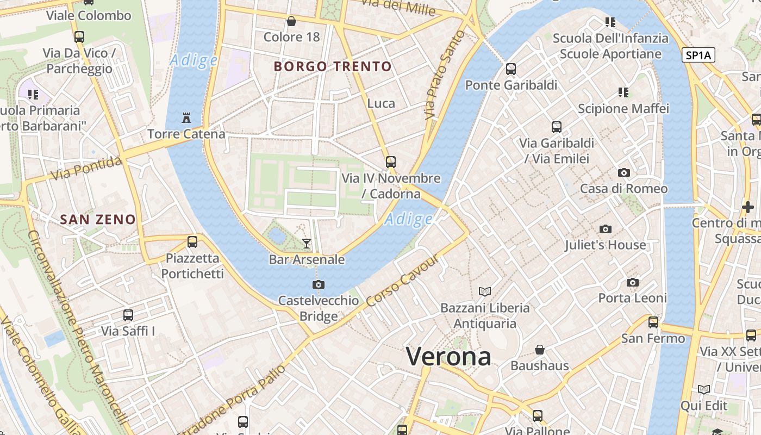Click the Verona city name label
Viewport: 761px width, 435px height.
pyautogui.click(x=448, y=357)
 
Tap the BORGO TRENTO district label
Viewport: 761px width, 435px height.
pyautogui.click(x=333, y=67)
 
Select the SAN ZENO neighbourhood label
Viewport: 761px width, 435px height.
pyautogui.click(x=98, y=220)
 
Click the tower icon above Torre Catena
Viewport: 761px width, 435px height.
pyautogui.click(x=186, y=117)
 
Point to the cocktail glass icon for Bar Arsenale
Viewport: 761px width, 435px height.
pyautogui.click(x=307, y=243)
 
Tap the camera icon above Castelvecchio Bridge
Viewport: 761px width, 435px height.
pyautogui.click(x=319, y=284)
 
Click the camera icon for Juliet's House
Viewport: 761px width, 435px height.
pyautogui.click(x=605, y=229)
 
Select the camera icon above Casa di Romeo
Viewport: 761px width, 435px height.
pyautogui.click(x=623, y=173)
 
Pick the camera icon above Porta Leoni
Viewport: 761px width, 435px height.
pyautogui.click(x=632, y=282)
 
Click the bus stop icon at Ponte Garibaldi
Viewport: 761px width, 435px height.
pyautogui.click(x=511, y=69)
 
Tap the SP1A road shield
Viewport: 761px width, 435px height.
pyautogui.click(x=698, y=55)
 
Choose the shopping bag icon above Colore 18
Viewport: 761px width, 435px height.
pyautogui.click(x=291, y=21)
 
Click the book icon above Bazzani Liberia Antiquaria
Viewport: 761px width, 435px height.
pyautogui.click(x=484, y=291)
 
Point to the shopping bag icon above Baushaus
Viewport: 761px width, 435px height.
pyautogui.click(x=539, y=349)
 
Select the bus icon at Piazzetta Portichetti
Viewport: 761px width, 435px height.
pyautogui.click(x=192, y=242)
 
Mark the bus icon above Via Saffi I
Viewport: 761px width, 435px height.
pyautogui.click(x=128, y=315)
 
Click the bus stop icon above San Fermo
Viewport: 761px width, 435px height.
pyautogui.click(x=653, y=322)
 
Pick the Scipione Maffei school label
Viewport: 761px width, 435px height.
pyautogui.click(x=623, y=109)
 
